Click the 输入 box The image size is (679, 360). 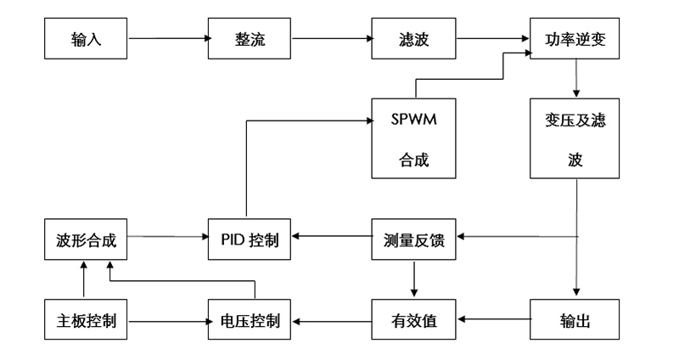[x=87, y=38]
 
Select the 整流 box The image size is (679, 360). [x=250, y=38]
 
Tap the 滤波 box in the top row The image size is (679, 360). [x=413, y=38]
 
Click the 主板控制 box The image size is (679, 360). [x=87, y=321]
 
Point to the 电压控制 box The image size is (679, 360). [x=250, y=321]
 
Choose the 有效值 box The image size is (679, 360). [x=413, y=321]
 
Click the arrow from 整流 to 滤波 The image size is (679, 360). [x=331, y=37]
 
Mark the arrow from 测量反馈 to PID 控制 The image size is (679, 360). [x=331, y=235]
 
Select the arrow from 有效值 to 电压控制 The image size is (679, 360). [x=331, y=321]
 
